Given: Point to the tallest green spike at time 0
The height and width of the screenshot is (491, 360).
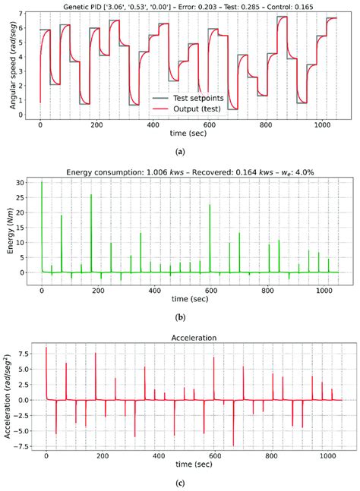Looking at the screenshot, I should (41, 184).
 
